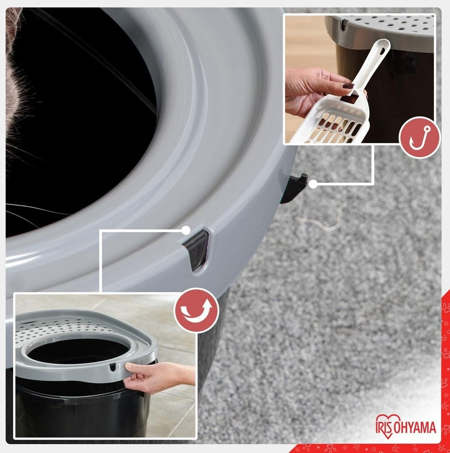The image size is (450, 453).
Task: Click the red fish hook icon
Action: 420,138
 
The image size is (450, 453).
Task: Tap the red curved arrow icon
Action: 197,311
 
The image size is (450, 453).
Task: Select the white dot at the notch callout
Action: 186,230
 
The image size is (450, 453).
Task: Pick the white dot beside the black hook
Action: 313,184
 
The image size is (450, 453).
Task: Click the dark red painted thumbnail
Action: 348,86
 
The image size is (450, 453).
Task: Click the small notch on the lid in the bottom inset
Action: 112,367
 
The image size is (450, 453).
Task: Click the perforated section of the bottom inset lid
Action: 61,328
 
